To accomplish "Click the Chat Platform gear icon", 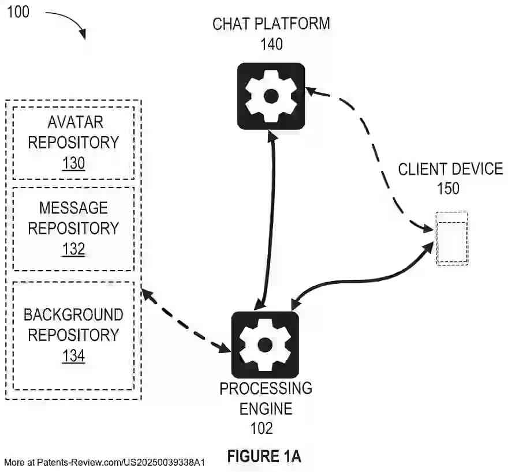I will pos(271,96).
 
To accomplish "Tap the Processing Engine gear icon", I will pos(265,345).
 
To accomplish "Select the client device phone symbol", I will pos(451,238).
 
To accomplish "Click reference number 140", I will pos(271,44).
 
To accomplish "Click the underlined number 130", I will pos(73,163).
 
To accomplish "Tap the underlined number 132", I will pos(73,249).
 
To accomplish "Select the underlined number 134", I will pos(73,356).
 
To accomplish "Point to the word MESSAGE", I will pos(73,208).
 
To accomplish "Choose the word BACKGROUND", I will pos(73,315).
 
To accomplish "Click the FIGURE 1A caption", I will pos(264,456).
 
